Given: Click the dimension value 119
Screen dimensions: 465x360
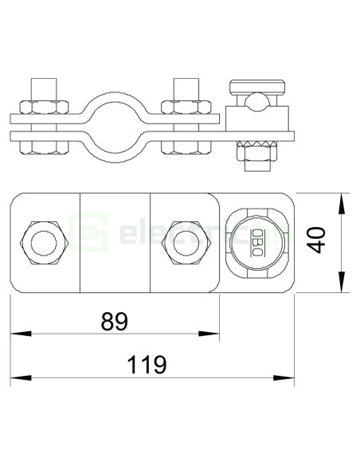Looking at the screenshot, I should tap(147, 364).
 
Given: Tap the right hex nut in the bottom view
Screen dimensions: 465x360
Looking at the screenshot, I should tap(179, 241).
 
